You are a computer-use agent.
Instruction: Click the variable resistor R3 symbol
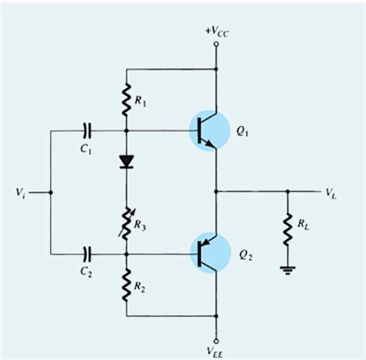click(x=124, y=224)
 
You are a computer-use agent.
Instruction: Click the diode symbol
click(x=124, y=161)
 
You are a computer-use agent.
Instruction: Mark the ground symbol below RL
click(x=286, y=271)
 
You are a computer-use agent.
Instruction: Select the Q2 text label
click(x=246, y=253)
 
